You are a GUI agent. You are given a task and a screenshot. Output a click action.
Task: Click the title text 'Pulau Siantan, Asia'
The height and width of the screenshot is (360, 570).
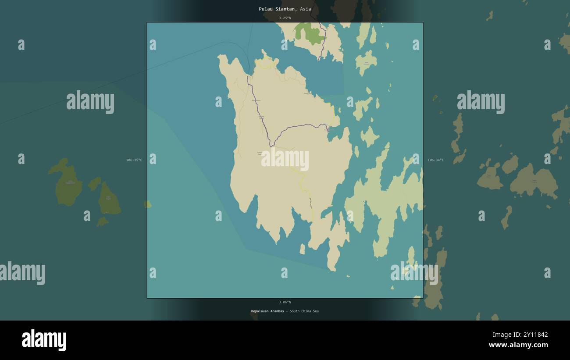285,9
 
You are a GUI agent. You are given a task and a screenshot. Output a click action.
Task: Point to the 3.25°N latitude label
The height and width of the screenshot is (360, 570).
285,18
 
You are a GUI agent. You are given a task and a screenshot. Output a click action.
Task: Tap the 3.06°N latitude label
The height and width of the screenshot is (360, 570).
285,302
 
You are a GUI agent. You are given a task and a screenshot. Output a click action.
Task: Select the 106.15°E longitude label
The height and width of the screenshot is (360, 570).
134,160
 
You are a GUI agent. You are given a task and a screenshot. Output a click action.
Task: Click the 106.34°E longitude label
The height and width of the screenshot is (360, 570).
435,160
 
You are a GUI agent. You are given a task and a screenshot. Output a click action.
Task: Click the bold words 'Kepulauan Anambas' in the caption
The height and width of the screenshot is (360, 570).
267,311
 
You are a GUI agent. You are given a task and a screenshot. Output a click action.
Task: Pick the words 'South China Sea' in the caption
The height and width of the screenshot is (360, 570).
304,311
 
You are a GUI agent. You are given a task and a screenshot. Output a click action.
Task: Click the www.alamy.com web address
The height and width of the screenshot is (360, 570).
518,345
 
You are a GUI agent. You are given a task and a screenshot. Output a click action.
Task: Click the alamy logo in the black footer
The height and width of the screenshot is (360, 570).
44,340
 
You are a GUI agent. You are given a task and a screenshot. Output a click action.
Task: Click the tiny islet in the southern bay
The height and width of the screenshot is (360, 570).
302,249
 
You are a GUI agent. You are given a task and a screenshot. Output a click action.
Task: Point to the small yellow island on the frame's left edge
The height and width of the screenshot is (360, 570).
148,204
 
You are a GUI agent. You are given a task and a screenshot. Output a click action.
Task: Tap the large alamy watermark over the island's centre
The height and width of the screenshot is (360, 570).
285,159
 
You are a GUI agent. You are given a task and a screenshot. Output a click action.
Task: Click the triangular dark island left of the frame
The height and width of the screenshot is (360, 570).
109,200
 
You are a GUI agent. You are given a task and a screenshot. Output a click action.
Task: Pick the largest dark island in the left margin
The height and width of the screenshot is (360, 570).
68,184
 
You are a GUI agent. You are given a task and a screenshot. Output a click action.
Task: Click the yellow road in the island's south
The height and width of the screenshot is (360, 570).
307,193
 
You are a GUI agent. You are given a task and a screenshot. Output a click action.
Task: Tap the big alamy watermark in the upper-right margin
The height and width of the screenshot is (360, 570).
481,102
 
